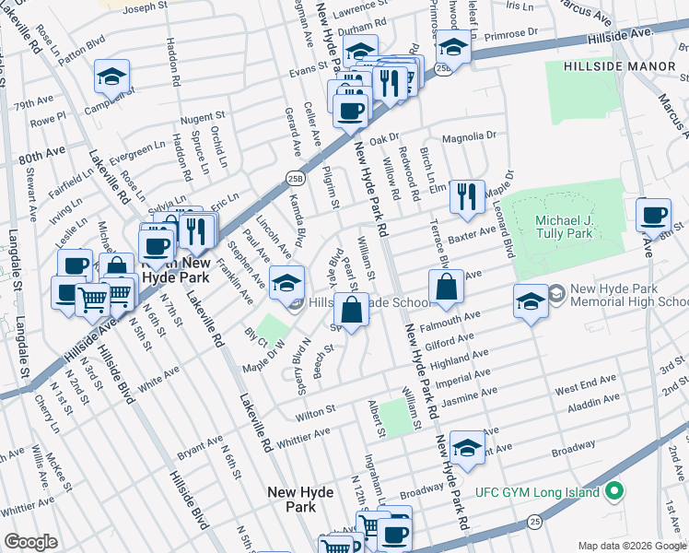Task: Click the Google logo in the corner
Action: [30, 542]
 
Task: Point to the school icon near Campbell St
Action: [111, 77]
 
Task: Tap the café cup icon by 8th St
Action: [653, 217]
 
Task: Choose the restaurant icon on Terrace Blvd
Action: [468, 196]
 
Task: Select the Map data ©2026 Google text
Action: [631, 546]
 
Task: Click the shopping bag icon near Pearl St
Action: [351, 311]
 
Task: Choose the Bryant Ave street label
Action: [200, 447]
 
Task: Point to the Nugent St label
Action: [203, 117]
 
